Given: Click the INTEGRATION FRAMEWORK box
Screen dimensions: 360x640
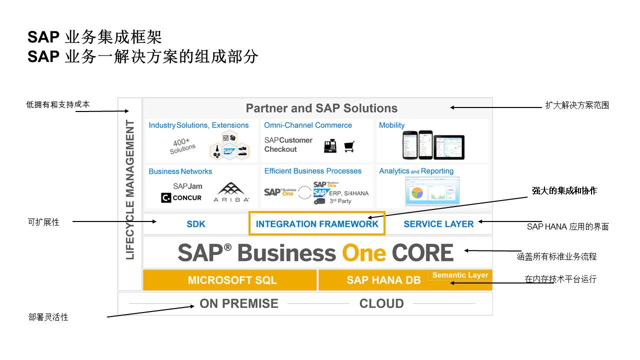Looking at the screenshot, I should pos(317,224).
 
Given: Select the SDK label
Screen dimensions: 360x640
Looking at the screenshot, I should pos(196,224).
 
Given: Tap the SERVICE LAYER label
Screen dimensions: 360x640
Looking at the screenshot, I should pos(438,224).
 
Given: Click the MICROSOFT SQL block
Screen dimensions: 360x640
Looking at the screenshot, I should pos(232,280).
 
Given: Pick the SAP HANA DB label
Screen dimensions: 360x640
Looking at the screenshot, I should pos(383,280).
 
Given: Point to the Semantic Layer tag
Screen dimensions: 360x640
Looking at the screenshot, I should pos(460,275).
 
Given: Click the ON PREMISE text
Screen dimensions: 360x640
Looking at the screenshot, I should pos(239,303).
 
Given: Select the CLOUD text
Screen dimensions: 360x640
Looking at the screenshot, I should pos(381,303).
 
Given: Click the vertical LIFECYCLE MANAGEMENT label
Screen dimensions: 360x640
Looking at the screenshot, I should pos(130,189).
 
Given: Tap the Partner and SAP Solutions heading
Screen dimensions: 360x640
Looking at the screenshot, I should pos(321,108).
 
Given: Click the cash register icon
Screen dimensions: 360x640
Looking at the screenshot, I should pos(330,146).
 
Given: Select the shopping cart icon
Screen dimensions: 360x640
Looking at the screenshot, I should pos(349,146).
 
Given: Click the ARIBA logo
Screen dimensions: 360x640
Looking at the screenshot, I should pos(231,192).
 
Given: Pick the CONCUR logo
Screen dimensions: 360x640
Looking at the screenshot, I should pos(181,198).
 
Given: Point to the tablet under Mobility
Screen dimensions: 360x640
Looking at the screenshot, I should pos(449,146).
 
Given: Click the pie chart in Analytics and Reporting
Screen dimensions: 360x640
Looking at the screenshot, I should pos(417,192).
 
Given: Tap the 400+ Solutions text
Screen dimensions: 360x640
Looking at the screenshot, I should pos(182,145).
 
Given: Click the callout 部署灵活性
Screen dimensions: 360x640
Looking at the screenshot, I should pos(48,317).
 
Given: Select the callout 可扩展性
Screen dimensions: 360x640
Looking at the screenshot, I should pos(43,222).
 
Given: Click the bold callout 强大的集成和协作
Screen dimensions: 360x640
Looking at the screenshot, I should pos(564,190).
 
